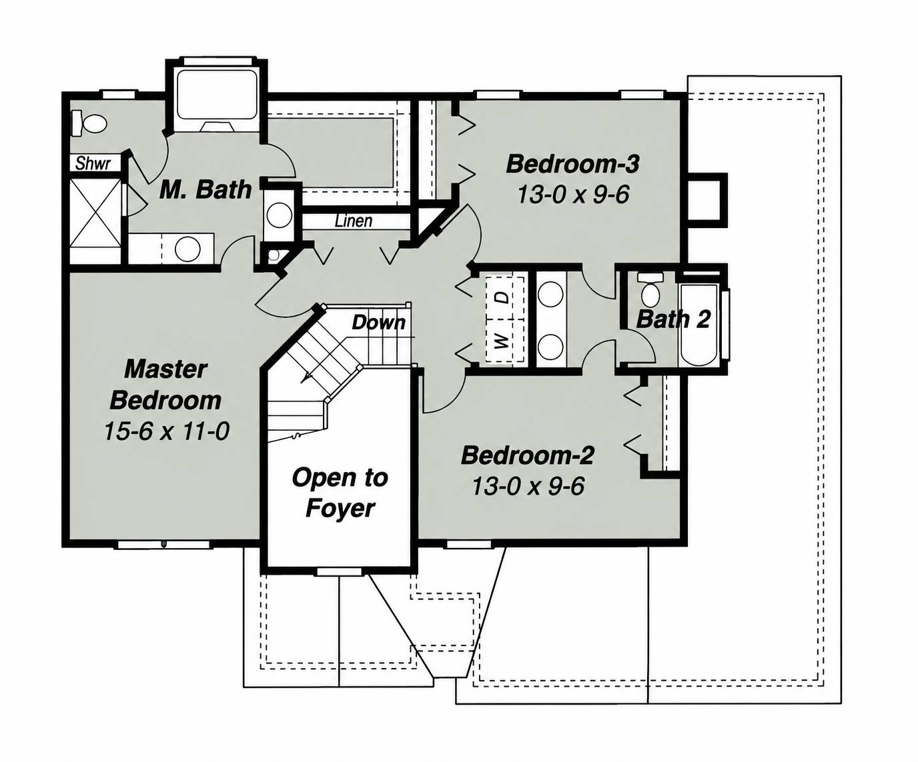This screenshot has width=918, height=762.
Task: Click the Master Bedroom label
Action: (165, 385)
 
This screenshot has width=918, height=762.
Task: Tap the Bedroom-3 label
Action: (572, 165)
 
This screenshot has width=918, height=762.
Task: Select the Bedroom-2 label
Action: (527, 455)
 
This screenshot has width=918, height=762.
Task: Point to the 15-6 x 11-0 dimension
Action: (167, 431)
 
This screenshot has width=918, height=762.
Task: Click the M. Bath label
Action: (205, 190)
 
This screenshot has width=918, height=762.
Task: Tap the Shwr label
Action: (93, 163)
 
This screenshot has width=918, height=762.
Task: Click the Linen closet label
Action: (354, 221)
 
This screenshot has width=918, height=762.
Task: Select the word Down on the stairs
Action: (378, 323)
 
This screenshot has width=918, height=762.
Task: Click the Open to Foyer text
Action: (340, 493)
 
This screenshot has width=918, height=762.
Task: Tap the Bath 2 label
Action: (672, 319)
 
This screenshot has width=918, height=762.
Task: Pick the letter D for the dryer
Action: (504, 297)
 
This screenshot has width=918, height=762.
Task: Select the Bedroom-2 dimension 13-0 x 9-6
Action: (528, 486)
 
